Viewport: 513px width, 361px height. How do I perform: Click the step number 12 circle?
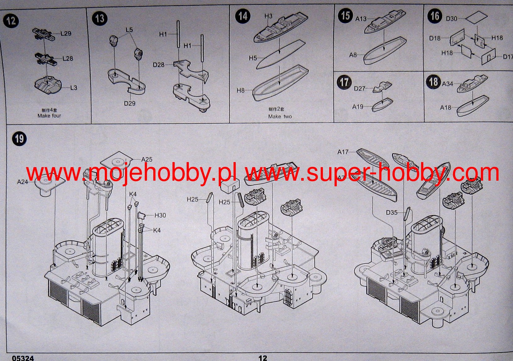[11, 21]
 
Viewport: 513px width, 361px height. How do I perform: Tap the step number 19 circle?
[19, 138]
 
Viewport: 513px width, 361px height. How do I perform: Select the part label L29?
[66, 33]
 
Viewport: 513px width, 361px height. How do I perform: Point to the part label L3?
[73, 87]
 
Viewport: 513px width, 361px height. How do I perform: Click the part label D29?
[129, 103]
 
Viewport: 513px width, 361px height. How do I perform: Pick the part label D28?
[159, 65]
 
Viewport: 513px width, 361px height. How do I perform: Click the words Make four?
[49, 116]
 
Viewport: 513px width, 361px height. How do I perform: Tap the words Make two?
[280, 116]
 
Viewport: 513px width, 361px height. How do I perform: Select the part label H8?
[240, 91]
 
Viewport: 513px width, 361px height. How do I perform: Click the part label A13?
[361, 19]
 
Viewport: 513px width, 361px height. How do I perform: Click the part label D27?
[359, 89]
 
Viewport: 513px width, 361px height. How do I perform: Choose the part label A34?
[447, 84]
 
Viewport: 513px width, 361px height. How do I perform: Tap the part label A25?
[147, 160]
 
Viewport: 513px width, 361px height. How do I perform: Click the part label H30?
[160, 215]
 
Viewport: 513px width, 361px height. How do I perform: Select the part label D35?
[392, 213]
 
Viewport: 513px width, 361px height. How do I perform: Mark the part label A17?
[343, 152]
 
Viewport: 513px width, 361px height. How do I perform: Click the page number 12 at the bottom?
[262, 358]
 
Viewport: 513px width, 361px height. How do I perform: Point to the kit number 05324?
[23, 358]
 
